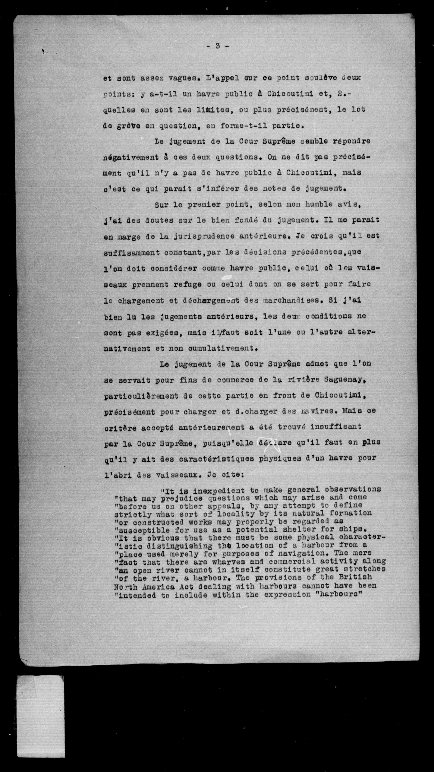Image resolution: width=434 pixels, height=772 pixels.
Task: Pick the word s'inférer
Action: coord(202,189)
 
